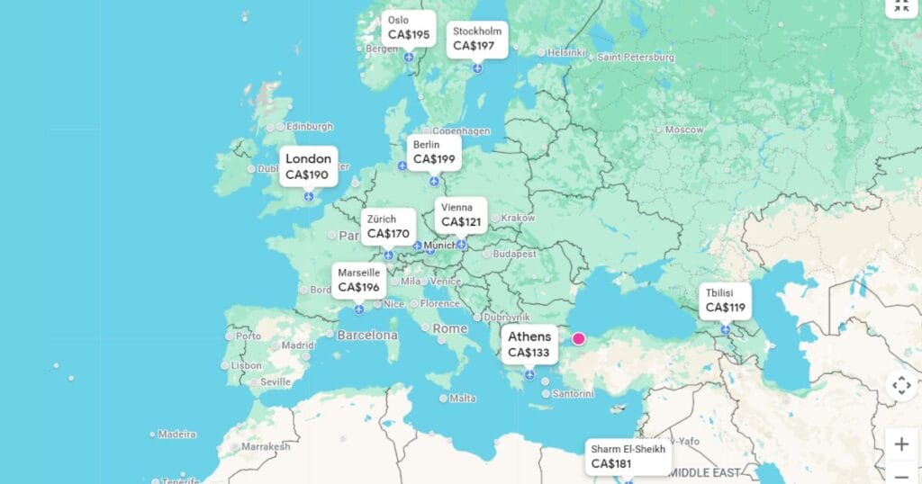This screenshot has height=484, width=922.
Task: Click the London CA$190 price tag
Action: [308, 166]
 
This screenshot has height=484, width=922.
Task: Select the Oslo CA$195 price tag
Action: [409, 29]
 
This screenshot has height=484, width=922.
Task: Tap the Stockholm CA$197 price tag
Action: [477, 39]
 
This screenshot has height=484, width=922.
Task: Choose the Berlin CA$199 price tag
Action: [434, 152]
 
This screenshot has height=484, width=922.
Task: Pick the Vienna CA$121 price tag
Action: [461, 215]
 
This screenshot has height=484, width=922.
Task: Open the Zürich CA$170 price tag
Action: [388, 227]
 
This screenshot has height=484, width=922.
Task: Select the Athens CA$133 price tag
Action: [529, 345]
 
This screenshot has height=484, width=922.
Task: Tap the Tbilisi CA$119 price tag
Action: [725, 300]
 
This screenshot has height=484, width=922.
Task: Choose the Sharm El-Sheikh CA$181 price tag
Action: [628, 457]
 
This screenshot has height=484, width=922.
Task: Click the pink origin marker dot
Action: [578, 339]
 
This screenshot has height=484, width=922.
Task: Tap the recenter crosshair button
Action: [901, 385]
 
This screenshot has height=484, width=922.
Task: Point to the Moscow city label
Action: [684, 130]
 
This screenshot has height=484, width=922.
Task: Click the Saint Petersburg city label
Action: [636, 57]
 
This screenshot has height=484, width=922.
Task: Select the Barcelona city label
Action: [367, 335]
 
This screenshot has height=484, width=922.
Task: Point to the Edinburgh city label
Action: [309, 127]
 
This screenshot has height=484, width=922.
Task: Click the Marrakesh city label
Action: [266, 446]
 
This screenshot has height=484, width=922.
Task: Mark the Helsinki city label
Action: [566, 52]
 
